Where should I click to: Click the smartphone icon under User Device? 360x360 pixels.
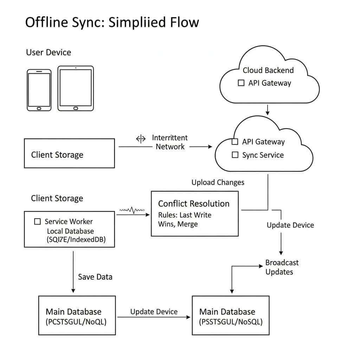[39, 90]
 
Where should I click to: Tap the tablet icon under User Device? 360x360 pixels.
[76, 88]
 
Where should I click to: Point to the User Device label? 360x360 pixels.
[49, 52]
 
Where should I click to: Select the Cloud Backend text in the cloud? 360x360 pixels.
[268, 70]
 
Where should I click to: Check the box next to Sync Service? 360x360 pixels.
[235, 155]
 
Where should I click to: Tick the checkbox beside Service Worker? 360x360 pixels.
[37, 221]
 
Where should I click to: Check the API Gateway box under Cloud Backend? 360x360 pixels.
[241, 83]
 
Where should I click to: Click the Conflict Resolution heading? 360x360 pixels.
[194, 204]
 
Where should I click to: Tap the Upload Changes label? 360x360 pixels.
[218, 182]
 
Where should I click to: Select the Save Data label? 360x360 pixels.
[95, 277]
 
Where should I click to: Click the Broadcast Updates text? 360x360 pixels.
[282, 267]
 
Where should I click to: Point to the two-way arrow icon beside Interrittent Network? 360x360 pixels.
[141, 139]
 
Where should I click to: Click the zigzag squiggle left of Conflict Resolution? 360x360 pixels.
[132, 210]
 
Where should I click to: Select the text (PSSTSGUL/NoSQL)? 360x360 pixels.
[231, 321]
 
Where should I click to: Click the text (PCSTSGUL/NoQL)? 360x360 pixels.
[76, 321]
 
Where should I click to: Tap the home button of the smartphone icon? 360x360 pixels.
[39, 108]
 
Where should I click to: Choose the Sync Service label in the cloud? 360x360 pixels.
[263, 155]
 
